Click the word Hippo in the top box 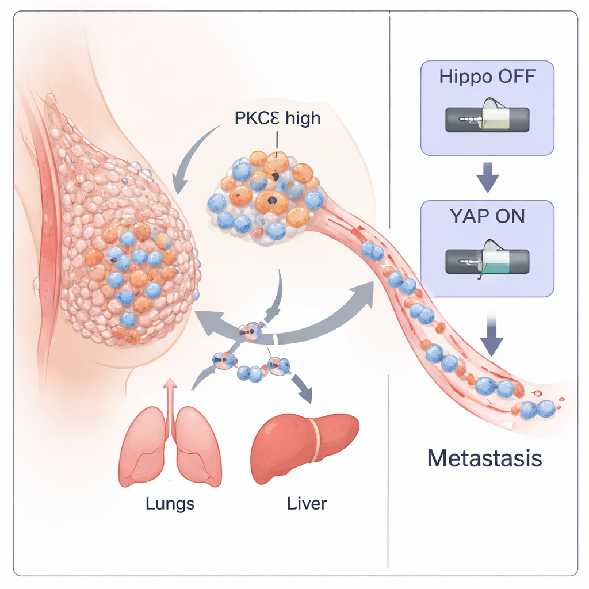click(x=464, y=77)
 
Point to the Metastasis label click(x=484, y=458)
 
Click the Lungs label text click(x=170, y=504)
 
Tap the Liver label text click(x=307, y=504)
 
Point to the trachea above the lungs click(x=170, y=403)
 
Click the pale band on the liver click(x=315, y=440)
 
